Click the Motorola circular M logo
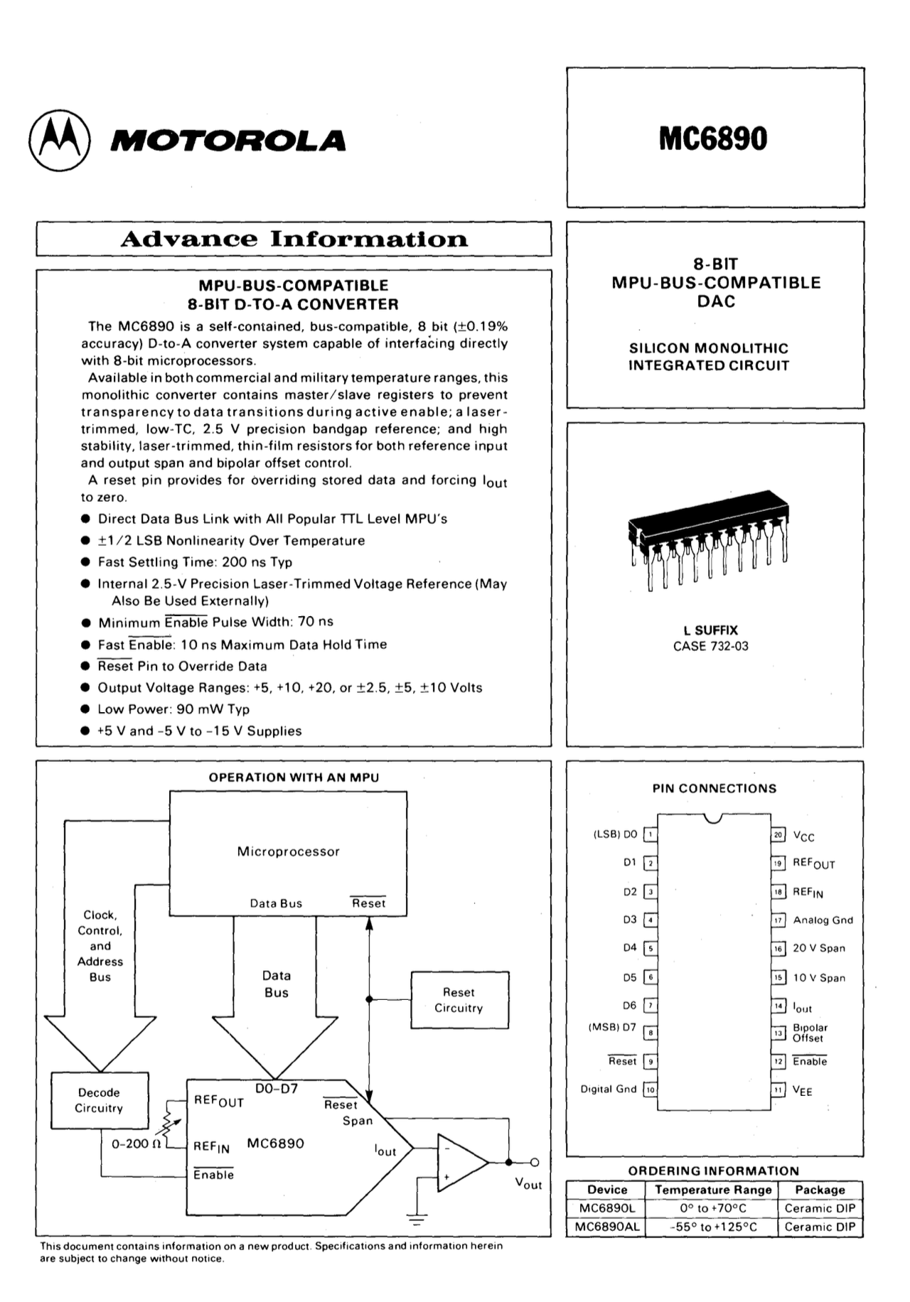pyautogui.click(x=60, y=140)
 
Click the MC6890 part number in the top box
pyautogui.click(x=713, y=138)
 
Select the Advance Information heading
pyautogui.click(x=294, y=239)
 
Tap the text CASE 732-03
pyautogui.click(x=710, y=647)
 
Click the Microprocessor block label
pyautogui.click(x=288, y=851)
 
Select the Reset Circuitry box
pyautogui.click(x=459, y=1000)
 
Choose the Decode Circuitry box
pyautogui.click(x=99, y=1100)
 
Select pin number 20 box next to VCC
pyautogui.click(x=778, y=835)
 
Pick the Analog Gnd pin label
pyautogui.click(x=823, y=920)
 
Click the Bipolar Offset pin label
pyautogui.click(x=810, y=1033)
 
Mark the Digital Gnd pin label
pyautogui.click(x=609, y=1089)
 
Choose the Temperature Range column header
pyautogui.click(x=713, y=1190)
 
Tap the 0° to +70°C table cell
pyautogui.click(x=713, y=1208)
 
